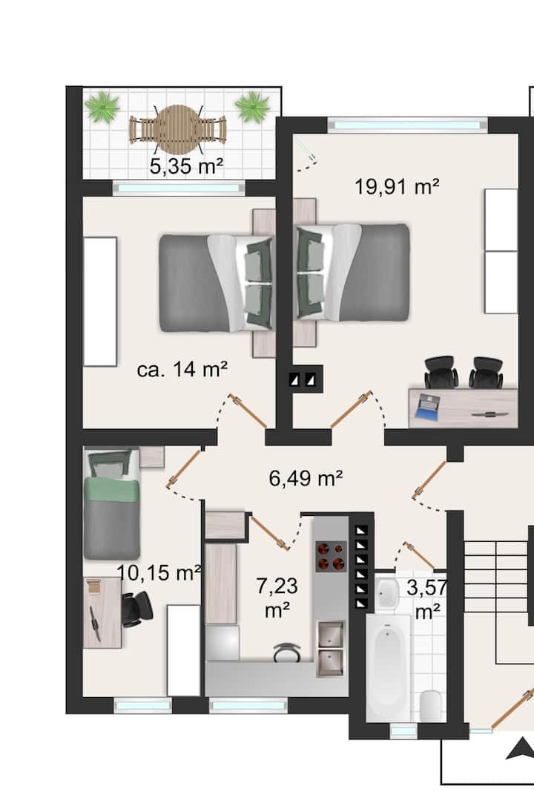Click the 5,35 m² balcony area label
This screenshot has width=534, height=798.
[x=187, y=166]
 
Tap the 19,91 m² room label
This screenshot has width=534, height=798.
[x=397, y=186]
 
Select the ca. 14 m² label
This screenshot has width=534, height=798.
[x=182, y=369]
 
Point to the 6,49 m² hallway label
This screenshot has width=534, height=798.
[x=306, y=478]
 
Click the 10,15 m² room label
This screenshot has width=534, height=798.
[x=159, y=572]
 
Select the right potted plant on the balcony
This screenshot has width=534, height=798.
[x=252, y=106]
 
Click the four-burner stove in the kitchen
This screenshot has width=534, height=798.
[x=331, y=556]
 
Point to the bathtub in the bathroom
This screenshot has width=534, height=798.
[x=389, y=667]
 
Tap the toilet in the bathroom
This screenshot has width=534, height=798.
[x=432, y=705]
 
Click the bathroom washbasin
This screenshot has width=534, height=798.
[x=388, y=592]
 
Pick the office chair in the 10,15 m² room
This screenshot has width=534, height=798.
[x=136, y=608]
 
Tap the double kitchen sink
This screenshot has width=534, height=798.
[x=330, y=648]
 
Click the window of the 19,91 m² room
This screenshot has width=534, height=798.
[x=406, y=125]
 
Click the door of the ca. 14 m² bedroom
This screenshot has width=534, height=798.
[x=248, y=411]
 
